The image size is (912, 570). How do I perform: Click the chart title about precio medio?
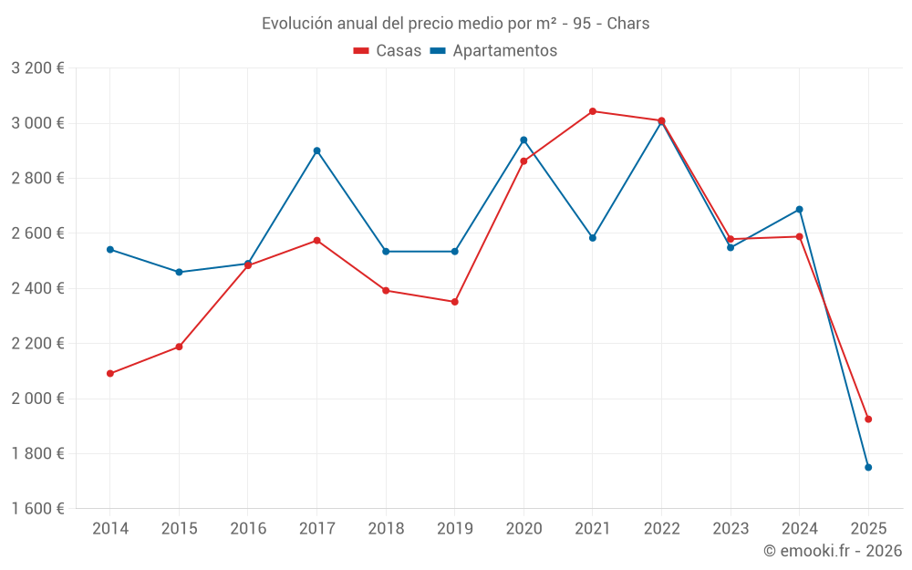coord(455,23)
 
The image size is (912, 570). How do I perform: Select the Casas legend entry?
coord(388,51)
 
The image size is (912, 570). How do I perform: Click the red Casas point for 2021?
coord(593,111)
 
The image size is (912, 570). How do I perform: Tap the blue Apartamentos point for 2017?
coord(316,150)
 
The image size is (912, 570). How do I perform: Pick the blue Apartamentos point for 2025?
coord(868,467)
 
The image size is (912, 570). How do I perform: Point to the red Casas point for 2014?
coord(110,373)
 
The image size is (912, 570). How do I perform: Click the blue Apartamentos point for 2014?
coord(110,249)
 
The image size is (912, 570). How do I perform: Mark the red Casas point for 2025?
coord(868,419)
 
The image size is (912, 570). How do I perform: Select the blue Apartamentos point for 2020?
coord(523,140)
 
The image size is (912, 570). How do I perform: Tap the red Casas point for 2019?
coord(454,302)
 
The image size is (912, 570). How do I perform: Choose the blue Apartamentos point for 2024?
coord(800,210)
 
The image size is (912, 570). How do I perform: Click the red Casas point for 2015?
coord(179,347)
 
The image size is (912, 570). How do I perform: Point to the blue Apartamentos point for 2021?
coord(593,238)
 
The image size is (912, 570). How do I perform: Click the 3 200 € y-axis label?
coord(37,68)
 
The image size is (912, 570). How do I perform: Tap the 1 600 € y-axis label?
coord(37,509)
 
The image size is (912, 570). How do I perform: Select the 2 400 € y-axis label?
coord(37,288)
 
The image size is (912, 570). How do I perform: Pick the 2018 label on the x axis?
coord(386,529)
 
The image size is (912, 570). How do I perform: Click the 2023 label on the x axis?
coord(731,529)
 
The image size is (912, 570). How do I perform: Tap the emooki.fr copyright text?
coord(832,551)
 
